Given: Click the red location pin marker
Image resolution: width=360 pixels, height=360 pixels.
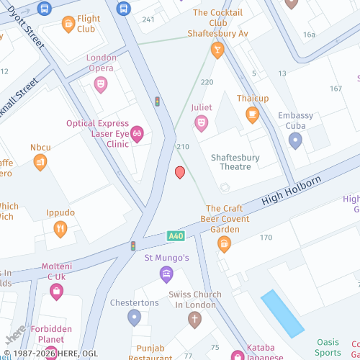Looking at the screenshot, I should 180,172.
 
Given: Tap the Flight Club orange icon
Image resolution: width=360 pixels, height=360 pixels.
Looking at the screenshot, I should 68,24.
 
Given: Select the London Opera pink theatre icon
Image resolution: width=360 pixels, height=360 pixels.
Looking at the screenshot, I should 101,84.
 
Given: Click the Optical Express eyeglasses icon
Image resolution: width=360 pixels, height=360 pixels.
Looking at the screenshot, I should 137,134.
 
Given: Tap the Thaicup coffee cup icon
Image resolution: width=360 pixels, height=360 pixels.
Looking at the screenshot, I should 252,114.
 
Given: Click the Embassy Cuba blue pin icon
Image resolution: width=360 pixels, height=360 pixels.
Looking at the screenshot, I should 294,140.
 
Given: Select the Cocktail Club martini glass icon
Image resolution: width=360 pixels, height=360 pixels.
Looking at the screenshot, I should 217,49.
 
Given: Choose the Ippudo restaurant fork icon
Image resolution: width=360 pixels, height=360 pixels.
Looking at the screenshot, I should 60,230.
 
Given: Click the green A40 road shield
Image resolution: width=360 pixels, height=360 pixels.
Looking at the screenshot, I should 175,235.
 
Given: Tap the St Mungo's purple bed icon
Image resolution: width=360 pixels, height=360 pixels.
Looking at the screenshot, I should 166,274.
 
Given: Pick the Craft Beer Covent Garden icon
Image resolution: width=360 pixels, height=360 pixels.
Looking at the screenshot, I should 224,244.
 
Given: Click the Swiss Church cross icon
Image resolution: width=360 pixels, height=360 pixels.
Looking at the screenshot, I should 194,319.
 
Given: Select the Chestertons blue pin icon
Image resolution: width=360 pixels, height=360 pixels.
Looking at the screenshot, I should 133,317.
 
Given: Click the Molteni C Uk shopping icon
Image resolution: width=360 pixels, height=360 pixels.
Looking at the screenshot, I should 56,292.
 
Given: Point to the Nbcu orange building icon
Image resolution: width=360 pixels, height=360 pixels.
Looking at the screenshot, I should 40,162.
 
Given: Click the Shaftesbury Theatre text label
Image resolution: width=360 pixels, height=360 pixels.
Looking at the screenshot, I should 235,162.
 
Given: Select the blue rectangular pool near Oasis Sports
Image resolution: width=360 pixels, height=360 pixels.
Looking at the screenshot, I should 282,314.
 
